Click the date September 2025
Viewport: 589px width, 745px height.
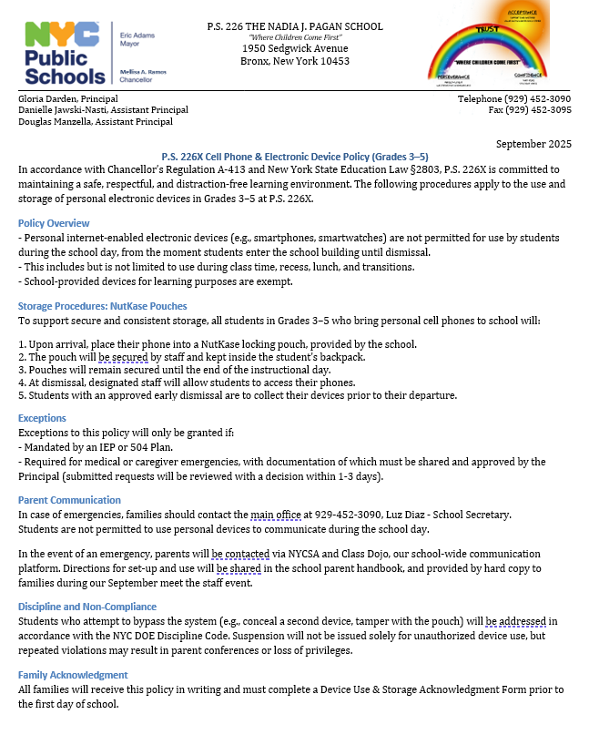533,144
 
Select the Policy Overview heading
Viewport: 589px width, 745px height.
54,223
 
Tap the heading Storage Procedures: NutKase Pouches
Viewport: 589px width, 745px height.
102,306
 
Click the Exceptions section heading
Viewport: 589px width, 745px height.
42,418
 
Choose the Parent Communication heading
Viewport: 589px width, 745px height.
69,500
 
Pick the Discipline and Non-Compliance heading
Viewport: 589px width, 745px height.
87,607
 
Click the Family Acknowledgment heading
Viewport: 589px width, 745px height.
73,675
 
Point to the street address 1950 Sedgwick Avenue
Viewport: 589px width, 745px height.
295,48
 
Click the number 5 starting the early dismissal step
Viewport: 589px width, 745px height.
22,395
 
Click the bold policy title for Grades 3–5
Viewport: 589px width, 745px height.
295,157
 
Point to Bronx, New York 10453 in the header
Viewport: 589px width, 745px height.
295,62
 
